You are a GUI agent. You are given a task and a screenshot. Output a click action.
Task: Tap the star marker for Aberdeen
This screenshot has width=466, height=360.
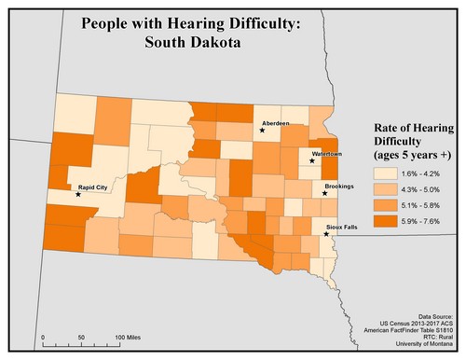click(263, 131)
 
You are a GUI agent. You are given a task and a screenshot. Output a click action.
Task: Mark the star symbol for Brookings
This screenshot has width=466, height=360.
click(323, 194)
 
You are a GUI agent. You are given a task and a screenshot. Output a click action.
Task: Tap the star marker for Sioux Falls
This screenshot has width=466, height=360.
click(325, 234)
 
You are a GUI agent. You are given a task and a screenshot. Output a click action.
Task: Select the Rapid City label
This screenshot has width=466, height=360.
click(98, 187)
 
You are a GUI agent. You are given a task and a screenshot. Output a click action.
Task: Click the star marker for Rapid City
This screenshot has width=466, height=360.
click(78, 194)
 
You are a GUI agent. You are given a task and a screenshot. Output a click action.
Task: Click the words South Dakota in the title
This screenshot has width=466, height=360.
click(191, 42)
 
